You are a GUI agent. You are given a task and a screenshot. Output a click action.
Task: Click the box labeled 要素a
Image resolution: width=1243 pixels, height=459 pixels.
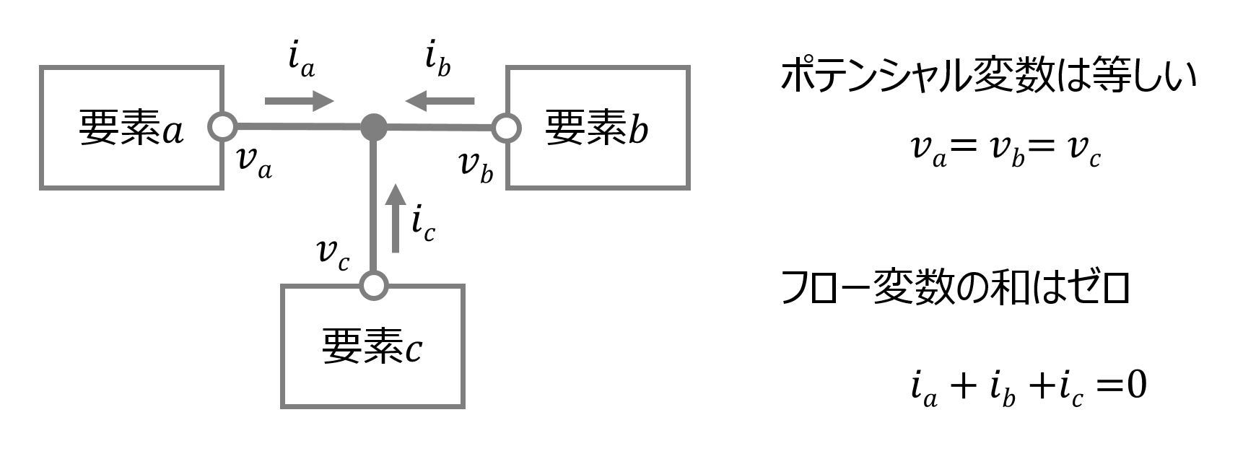131,128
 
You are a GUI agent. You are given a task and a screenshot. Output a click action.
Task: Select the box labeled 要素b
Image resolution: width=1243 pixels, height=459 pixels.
598,128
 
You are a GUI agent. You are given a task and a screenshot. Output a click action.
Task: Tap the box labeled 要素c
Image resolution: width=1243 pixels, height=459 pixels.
372,347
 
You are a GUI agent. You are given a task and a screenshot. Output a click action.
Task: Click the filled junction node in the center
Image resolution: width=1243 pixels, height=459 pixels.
373,127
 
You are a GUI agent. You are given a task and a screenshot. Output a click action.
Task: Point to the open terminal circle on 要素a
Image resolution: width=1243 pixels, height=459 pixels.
222,127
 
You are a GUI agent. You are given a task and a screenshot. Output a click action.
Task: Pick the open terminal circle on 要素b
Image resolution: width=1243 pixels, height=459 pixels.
507,128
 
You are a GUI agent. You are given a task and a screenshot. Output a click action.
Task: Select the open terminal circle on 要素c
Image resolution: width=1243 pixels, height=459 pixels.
373,285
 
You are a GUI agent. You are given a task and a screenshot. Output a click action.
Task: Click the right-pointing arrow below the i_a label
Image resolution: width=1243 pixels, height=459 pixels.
300,101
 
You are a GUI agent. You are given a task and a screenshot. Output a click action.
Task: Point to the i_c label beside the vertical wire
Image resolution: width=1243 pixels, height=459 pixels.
423,223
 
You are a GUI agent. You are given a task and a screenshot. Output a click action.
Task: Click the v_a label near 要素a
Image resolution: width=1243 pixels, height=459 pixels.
254,162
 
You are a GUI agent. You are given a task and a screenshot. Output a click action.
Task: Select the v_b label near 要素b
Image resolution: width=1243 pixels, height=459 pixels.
476,167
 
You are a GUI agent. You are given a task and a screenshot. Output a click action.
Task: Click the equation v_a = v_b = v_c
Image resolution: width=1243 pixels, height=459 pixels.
1005,151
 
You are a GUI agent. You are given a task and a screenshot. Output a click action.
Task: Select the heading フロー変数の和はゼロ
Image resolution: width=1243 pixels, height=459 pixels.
955,289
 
